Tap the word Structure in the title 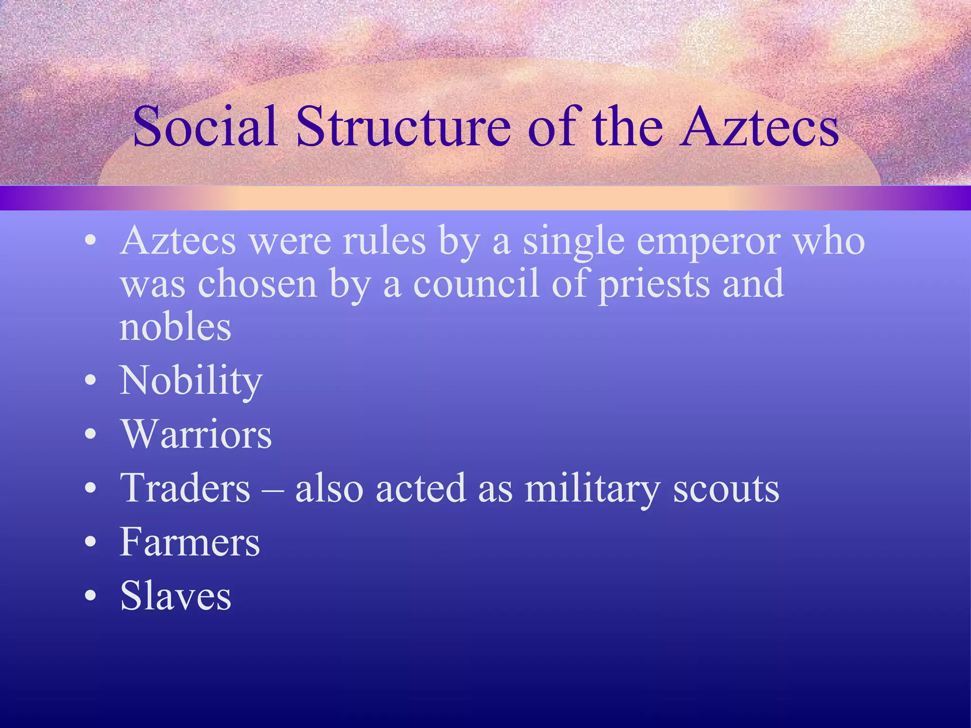tap(403, 127)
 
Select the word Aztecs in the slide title tap(759, 127)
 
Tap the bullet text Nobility tap(191, 381)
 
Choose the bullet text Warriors tap(196, 434)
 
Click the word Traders tap(185, 488)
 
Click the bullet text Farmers tap(190, 542)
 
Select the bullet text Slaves tap(175, 596)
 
